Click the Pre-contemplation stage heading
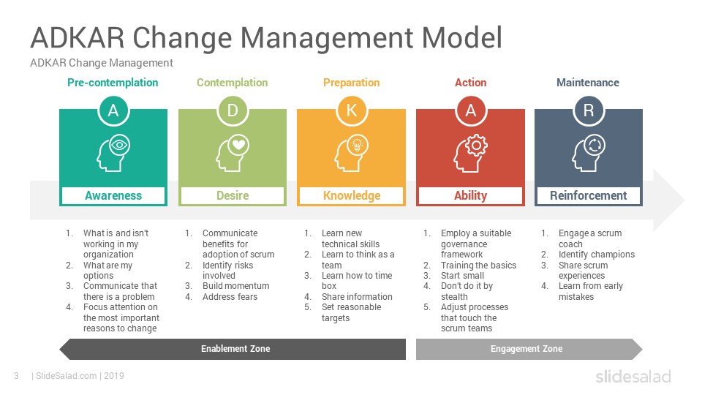pos(113,83)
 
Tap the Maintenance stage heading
pos(588,83)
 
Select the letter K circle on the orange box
pos(352,110)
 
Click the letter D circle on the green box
pos(233,110)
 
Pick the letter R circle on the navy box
pos(588,110)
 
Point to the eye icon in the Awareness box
pos(119,145)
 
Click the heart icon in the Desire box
pos(238,145)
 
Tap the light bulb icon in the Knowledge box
pos(358,145)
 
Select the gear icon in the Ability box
pos(476,145)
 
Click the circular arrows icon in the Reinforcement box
pos(595,145)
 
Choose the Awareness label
pos(113,196)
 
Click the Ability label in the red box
pos(470,196)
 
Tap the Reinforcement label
pos(588,196)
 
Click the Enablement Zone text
pos(235,349)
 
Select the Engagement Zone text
pos(526,349)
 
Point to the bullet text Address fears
pos(230,297)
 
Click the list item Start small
pos(462,276)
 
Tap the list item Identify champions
pos(597,255)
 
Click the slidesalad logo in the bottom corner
pos(633,376)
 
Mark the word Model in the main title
pos(462,37)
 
